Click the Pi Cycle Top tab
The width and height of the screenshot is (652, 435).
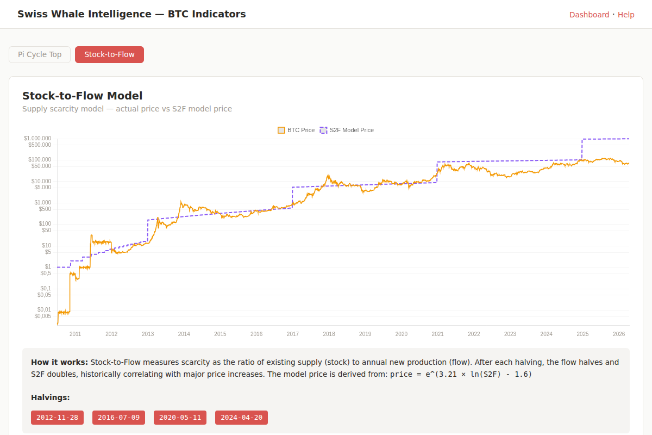[x=40, y=54]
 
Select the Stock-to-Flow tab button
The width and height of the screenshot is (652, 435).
[x=109, y=54]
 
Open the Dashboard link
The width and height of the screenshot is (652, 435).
[x=589, y=15]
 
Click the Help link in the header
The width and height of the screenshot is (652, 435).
[x=626, y=15]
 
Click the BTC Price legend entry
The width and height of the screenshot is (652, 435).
[x=296, y=130]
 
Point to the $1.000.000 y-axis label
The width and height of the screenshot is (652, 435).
[x=37, y=138]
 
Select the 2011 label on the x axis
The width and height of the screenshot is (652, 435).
[x=75, y=334]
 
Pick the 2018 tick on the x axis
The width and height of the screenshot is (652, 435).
[x=329, y=334]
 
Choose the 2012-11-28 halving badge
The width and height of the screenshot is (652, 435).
[x=57, y=418]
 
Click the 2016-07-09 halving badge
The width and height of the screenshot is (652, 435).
[x=118, y=418]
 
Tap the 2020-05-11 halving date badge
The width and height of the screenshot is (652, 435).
[x=180, y=418]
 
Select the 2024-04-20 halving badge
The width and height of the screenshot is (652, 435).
[x=241, y=418]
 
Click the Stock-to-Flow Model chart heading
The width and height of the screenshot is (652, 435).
[x=82, y=96]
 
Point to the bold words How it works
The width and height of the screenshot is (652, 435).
[x=59, y=362]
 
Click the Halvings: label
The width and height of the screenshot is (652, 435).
[x=51, y=397]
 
